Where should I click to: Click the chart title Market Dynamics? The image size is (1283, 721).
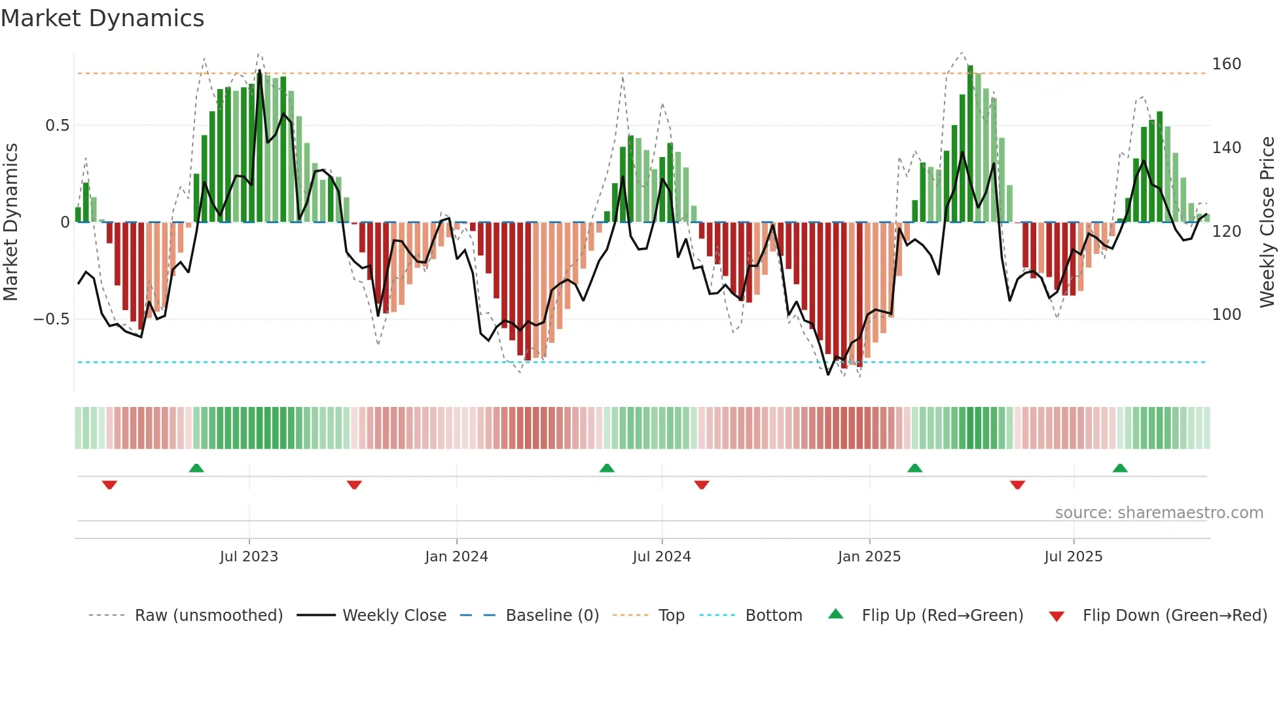(x=102, y=18)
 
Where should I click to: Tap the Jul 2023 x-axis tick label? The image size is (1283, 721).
(x=249, y=557)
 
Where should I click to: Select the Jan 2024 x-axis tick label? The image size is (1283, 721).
(x=456, y=557)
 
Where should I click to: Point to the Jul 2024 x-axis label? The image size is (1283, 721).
(x=662, y=557)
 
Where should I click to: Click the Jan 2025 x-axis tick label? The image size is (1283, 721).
(x=869, y=557)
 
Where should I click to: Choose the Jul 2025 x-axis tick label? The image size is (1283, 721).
(x=1074, y=557)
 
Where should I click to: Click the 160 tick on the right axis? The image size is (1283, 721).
(x=1226, y=64)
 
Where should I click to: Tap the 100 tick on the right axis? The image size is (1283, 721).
(x=1226, y=315)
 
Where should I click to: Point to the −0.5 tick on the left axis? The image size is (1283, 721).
(x=51, y=319)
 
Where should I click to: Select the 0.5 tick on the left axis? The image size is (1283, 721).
(x=57, y=126)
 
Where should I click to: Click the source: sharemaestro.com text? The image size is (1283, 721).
(x=1159, y=513)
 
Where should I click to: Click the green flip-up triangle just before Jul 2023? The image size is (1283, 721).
(x=196, y=468)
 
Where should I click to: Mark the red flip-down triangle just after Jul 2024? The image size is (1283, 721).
(x=702, y=485)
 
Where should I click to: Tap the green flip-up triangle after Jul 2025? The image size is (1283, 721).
(x=1120, y=468)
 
